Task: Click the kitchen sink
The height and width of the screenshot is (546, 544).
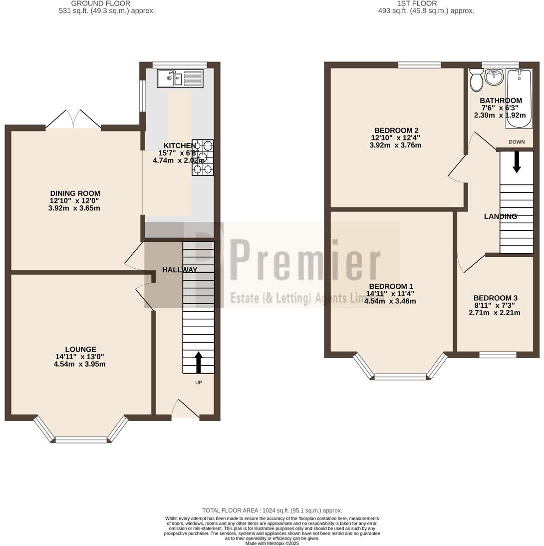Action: (x=180, y=78)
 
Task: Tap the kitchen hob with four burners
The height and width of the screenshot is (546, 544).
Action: (x=203, y=158)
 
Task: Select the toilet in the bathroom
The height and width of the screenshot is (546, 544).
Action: (x=476, y=80)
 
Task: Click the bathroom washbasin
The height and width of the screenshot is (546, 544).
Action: (x=494, y=77)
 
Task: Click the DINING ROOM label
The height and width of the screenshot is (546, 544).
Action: (x=75, y=193)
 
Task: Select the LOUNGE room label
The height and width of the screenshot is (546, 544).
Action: (x=80, y=349)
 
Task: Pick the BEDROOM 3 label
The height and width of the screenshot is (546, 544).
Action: (x=495, y=298)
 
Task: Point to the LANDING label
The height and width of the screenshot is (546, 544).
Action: (x=500, y=216)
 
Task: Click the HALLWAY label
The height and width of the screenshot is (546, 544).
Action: (x=180, y=270)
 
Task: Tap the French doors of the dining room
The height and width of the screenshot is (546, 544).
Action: (x=73, y=119)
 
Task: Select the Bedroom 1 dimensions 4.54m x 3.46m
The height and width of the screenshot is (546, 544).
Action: (x=390, y=301)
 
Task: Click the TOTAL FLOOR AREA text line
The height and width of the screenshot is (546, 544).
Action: (x=272, y=510)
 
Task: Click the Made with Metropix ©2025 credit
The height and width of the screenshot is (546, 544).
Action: (x=272, y=543)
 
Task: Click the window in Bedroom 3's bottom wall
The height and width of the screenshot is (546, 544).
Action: (x=498, y=355)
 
